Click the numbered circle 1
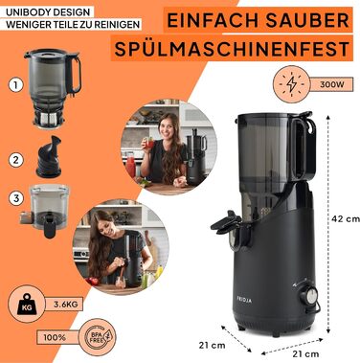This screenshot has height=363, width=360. (15, 84)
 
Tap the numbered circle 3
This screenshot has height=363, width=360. (15, 198)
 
